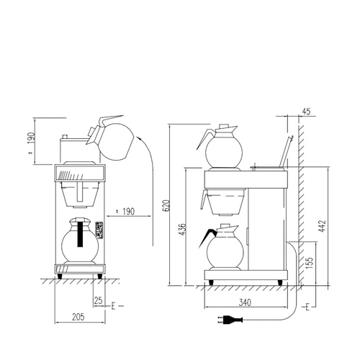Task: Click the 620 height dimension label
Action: click(166, 206)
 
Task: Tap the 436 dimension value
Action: click(182, 229)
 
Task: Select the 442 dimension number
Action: click(322, 226)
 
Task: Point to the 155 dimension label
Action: click(310, 263)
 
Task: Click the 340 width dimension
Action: click(245, 302)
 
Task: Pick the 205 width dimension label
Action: click(78, 317)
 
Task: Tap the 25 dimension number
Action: click(99, 300)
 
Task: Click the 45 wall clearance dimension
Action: click(306, 112)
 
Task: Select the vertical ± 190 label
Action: click(32, 143)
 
